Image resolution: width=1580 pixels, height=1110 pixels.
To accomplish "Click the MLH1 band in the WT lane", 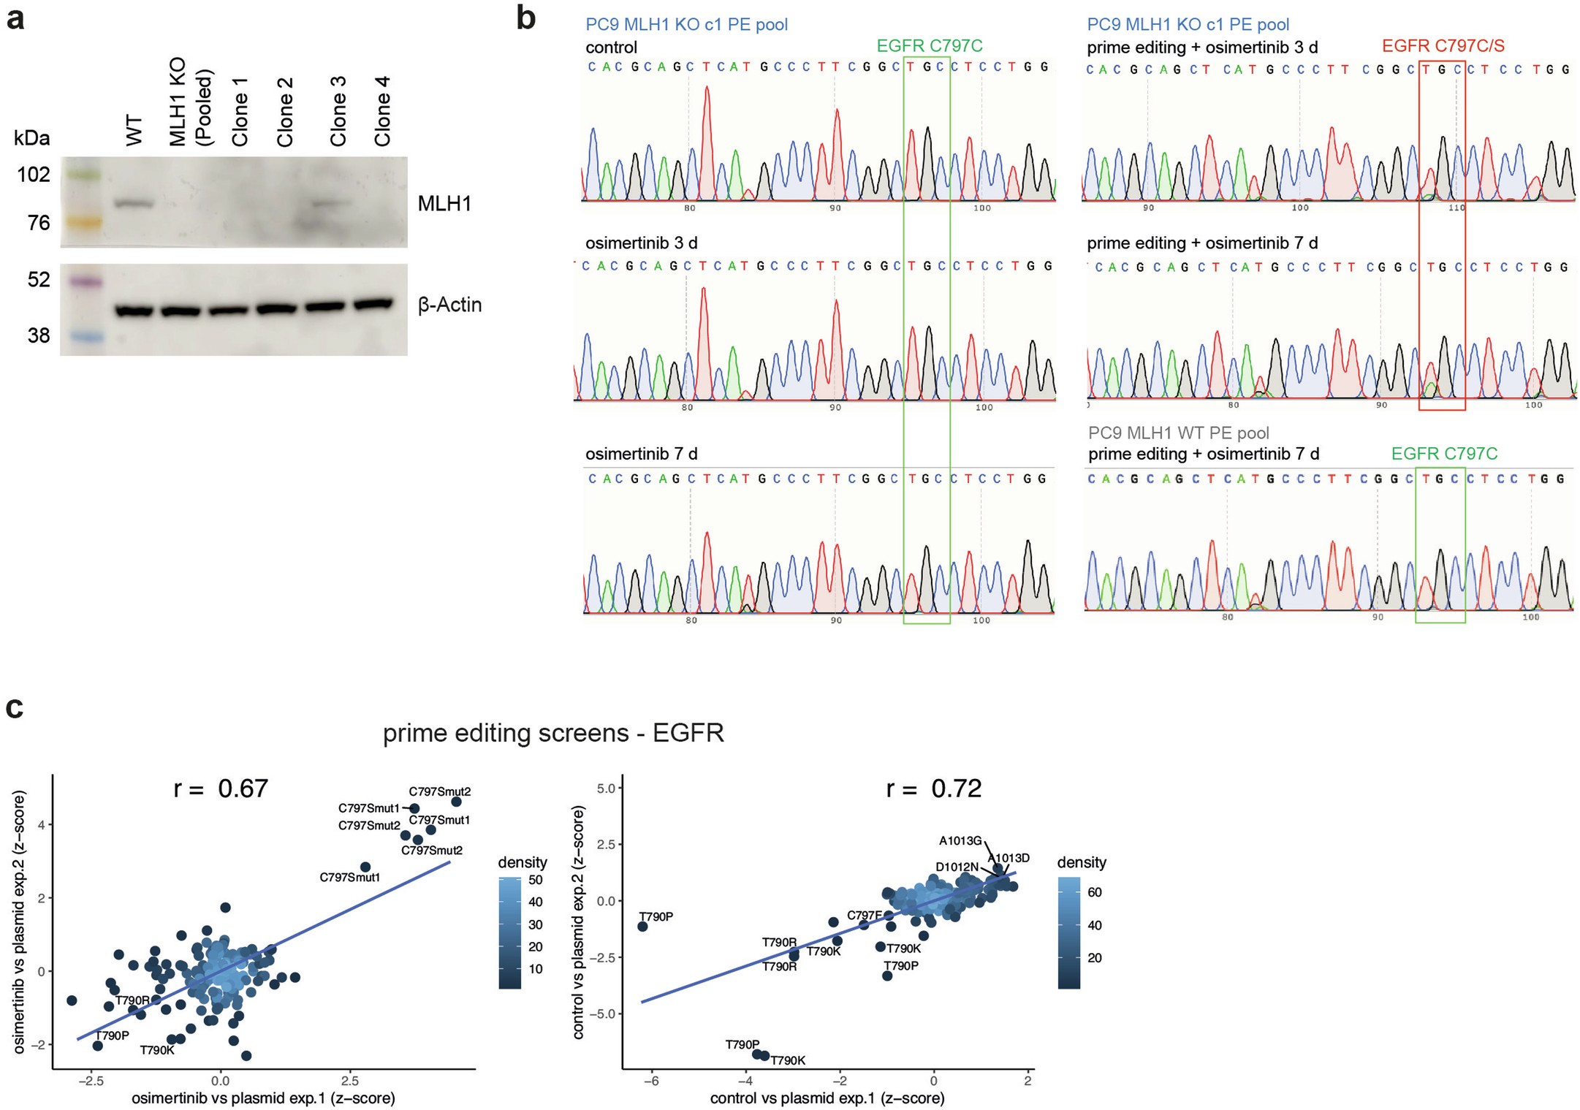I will [134, 204].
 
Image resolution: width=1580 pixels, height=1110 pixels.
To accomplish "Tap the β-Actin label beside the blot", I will [449, 305].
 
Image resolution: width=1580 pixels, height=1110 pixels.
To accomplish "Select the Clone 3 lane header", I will [338, 111].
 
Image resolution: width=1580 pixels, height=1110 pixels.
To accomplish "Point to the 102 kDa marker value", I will [34, 175].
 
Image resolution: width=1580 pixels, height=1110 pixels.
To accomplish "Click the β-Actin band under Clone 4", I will [373, 304].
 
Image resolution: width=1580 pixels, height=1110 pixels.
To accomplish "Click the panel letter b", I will [525, 18].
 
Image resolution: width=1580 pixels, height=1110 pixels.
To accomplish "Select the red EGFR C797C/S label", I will [1443, 46].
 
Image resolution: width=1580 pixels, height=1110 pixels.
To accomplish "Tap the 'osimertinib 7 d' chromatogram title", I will [641, 454].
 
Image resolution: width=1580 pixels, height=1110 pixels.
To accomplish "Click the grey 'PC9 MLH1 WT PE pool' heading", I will [1178, 433].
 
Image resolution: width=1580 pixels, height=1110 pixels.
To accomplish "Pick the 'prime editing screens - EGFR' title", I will [553, 733].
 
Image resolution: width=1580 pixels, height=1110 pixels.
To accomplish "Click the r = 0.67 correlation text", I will [221, 788].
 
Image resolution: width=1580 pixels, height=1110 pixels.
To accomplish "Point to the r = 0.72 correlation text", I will [933, 788].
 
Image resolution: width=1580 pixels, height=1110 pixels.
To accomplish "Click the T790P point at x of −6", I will [642, 926].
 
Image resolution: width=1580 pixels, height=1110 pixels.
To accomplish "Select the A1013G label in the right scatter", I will [960, 841].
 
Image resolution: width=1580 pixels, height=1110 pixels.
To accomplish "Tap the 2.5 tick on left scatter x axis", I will [349, 1081].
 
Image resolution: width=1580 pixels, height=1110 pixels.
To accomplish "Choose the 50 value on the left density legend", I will [535, 880].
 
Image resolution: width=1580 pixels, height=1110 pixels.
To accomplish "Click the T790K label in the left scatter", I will [157, 1050].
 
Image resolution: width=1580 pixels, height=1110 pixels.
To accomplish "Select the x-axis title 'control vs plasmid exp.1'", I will [827, 1098].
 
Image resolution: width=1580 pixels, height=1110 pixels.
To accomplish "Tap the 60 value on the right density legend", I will [1094, 892].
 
